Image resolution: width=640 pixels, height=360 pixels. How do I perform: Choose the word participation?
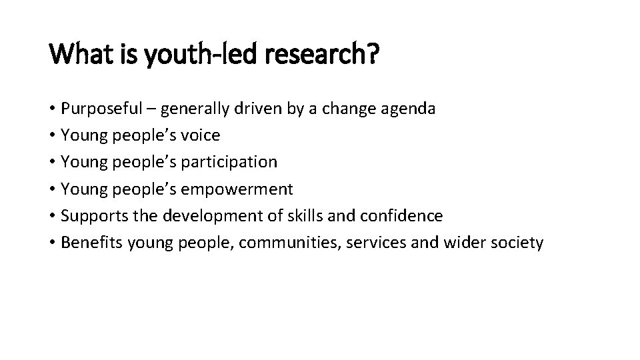[x=233, y=163]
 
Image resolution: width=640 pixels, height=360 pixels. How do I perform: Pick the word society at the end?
[x=517, y=243]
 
